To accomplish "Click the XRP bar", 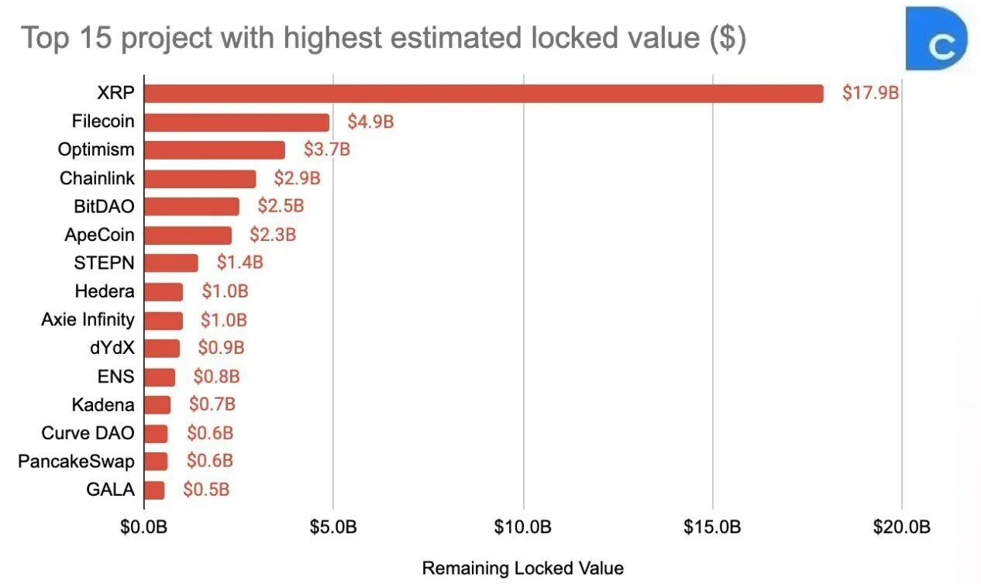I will pos(484,93).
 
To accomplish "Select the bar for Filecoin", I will pos(236,122).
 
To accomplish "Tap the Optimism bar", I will pos(214,149).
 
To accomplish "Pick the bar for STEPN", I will pos(170,263).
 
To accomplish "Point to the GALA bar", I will pos(154,490).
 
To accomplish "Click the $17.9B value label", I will pos(870,93).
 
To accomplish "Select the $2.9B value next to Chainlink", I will pos(297,178).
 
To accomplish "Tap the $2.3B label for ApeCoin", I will pos(273,235).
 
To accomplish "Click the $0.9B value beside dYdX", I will pos(221,348).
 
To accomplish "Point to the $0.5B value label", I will pos(206,490).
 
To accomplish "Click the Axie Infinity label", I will pos(88,319).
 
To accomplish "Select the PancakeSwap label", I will pos(76,462).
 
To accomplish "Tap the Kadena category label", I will pos(103,404).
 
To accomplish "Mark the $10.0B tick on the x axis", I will pos(523,527).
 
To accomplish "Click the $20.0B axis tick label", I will pos(901,527).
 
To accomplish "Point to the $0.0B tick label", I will pos(144,527).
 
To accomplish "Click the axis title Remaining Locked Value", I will pos(522,568).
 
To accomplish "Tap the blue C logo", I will pos(937,40).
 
